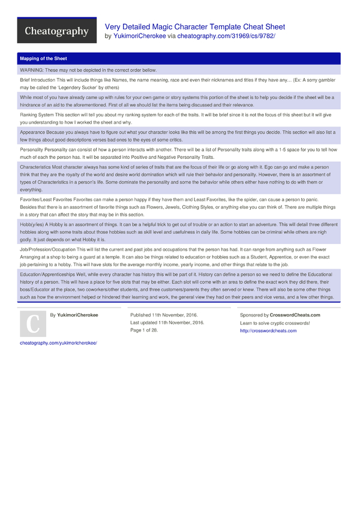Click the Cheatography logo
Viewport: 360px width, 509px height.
[x=56, y=31]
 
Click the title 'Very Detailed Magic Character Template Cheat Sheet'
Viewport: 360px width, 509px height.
[x=195, y=27]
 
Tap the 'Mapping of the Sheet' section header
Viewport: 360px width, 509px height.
[x=43, y=59]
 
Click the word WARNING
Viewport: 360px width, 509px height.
[x=32, y=70]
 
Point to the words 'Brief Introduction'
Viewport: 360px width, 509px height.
[x=37, y=79]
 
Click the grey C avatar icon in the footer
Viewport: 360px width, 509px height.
[x=32, y=324]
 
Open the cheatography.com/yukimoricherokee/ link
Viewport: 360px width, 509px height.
[x=58, y=343]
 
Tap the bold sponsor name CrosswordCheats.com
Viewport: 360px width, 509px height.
[x=295, y=315]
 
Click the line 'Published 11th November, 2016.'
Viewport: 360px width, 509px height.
[x=164, y=315]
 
